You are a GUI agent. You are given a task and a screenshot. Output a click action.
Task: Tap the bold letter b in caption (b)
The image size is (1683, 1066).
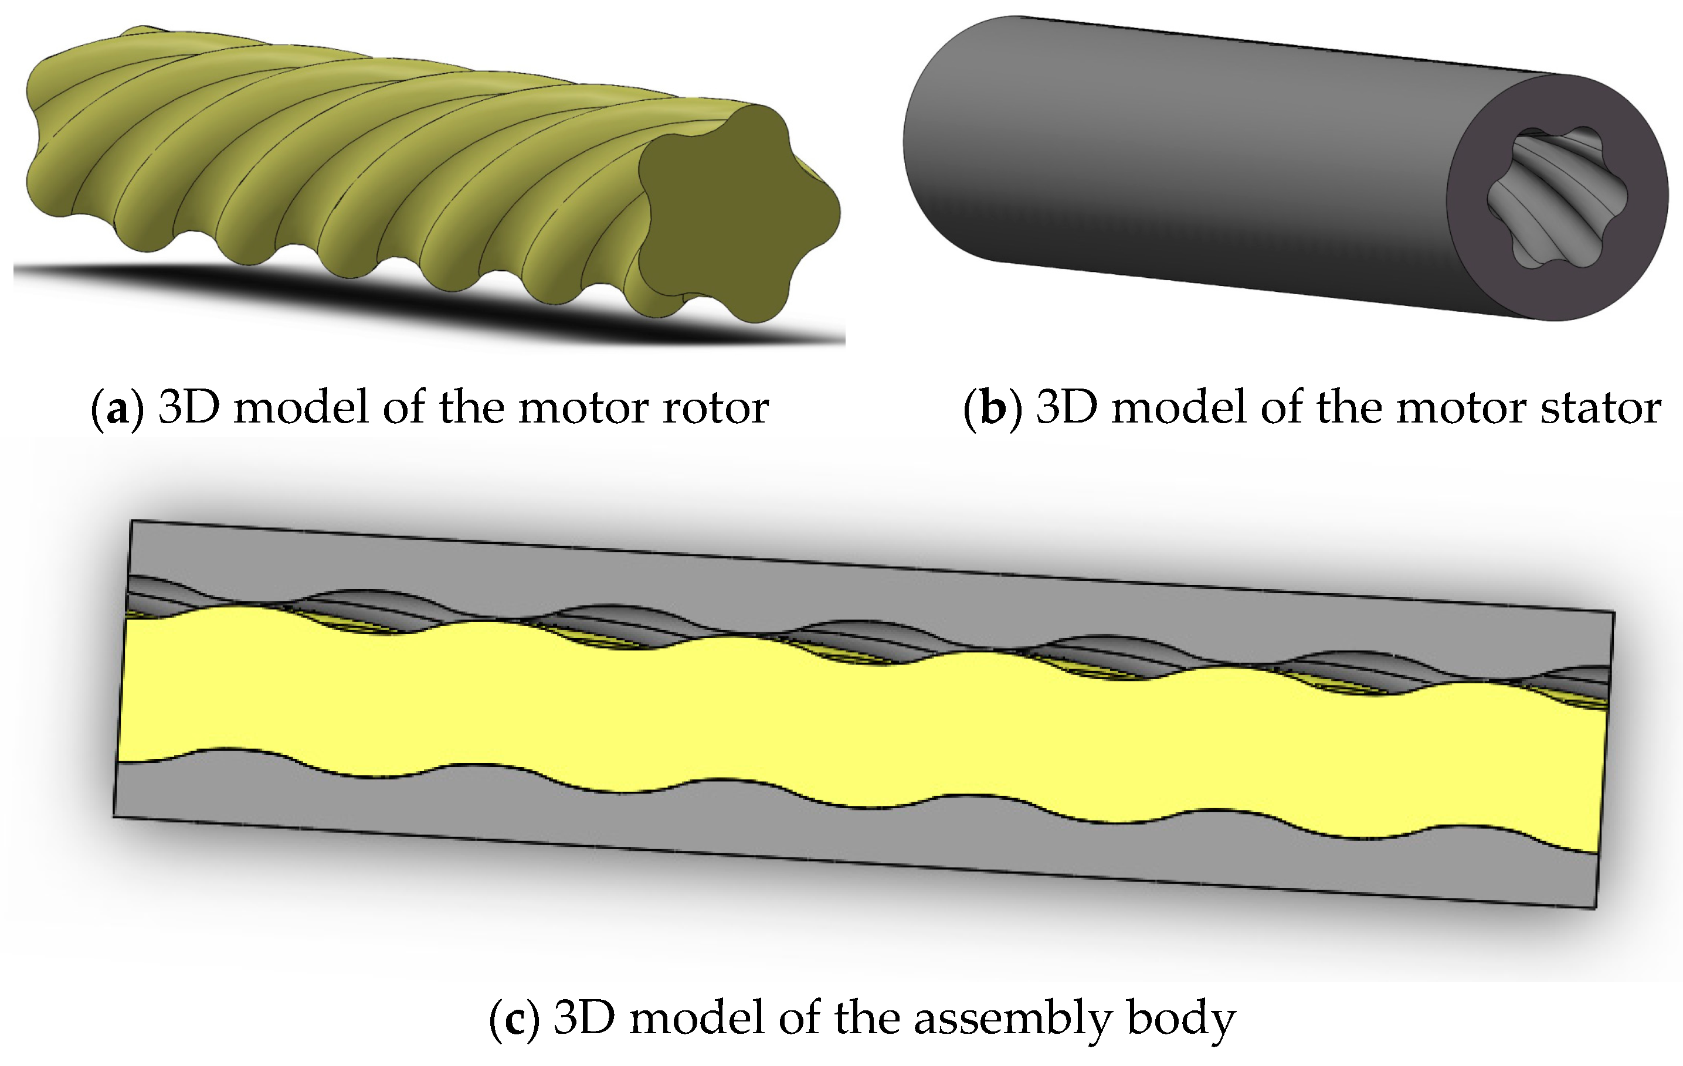[x=992, y=407]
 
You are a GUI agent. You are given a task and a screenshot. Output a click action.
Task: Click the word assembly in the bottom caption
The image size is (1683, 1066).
[x=1013, y=1020]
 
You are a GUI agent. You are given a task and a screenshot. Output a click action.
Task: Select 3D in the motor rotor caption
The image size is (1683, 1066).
[x=188, y=407]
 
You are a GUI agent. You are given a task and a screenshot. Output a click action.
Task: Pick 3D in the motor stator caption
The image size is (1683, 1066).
[x=1066, y=407]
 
